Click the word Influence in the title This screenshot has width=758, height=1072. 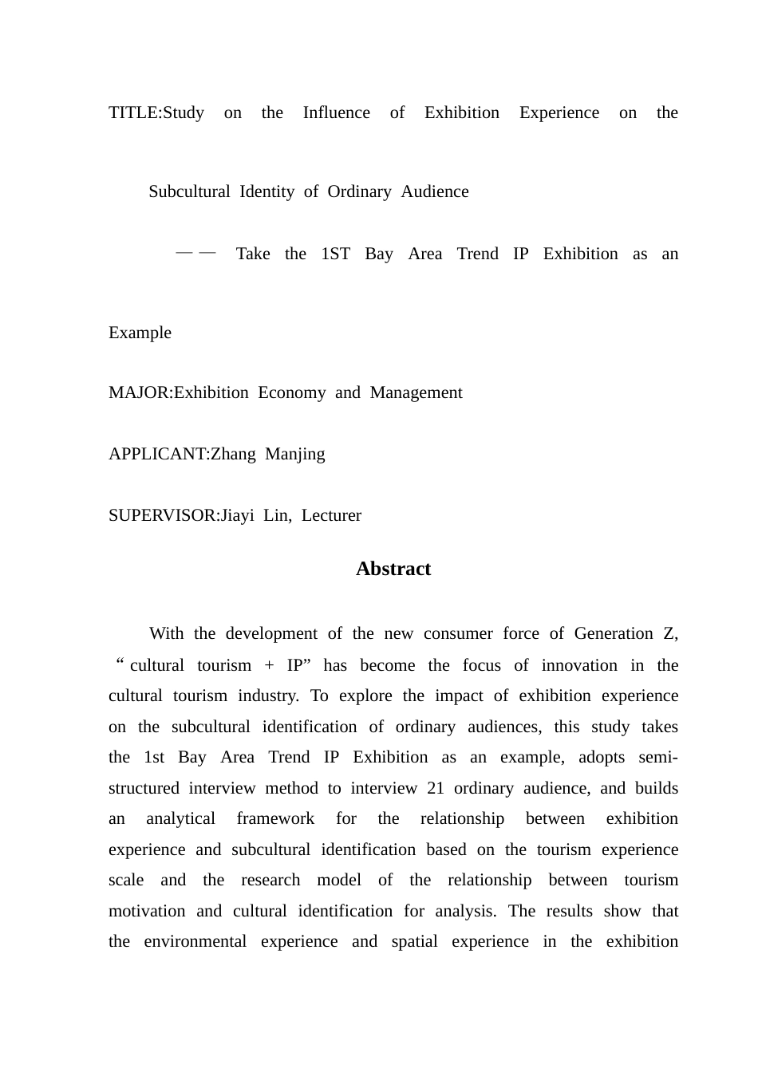pos(336,112)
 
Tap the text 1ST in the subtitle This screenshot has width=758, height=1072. pos(335,254)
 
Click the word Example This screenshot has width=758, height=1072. pos(140,333)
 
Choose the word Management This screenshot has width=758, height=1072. pos(416,392)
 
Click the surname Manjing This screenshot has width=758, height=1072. pos(294,454)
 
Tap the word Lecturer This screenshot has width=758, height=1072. pos(331,515)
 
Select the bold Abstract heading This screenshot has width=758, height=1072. pos(393,569)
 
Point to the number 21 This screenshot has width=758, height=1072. pos(436,788)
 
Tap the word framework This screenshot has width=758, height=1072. pos(275,818)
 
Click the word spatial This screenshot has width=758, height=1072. pos(414,941)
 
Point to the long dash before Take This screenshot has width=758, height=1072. pos(196,253)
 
